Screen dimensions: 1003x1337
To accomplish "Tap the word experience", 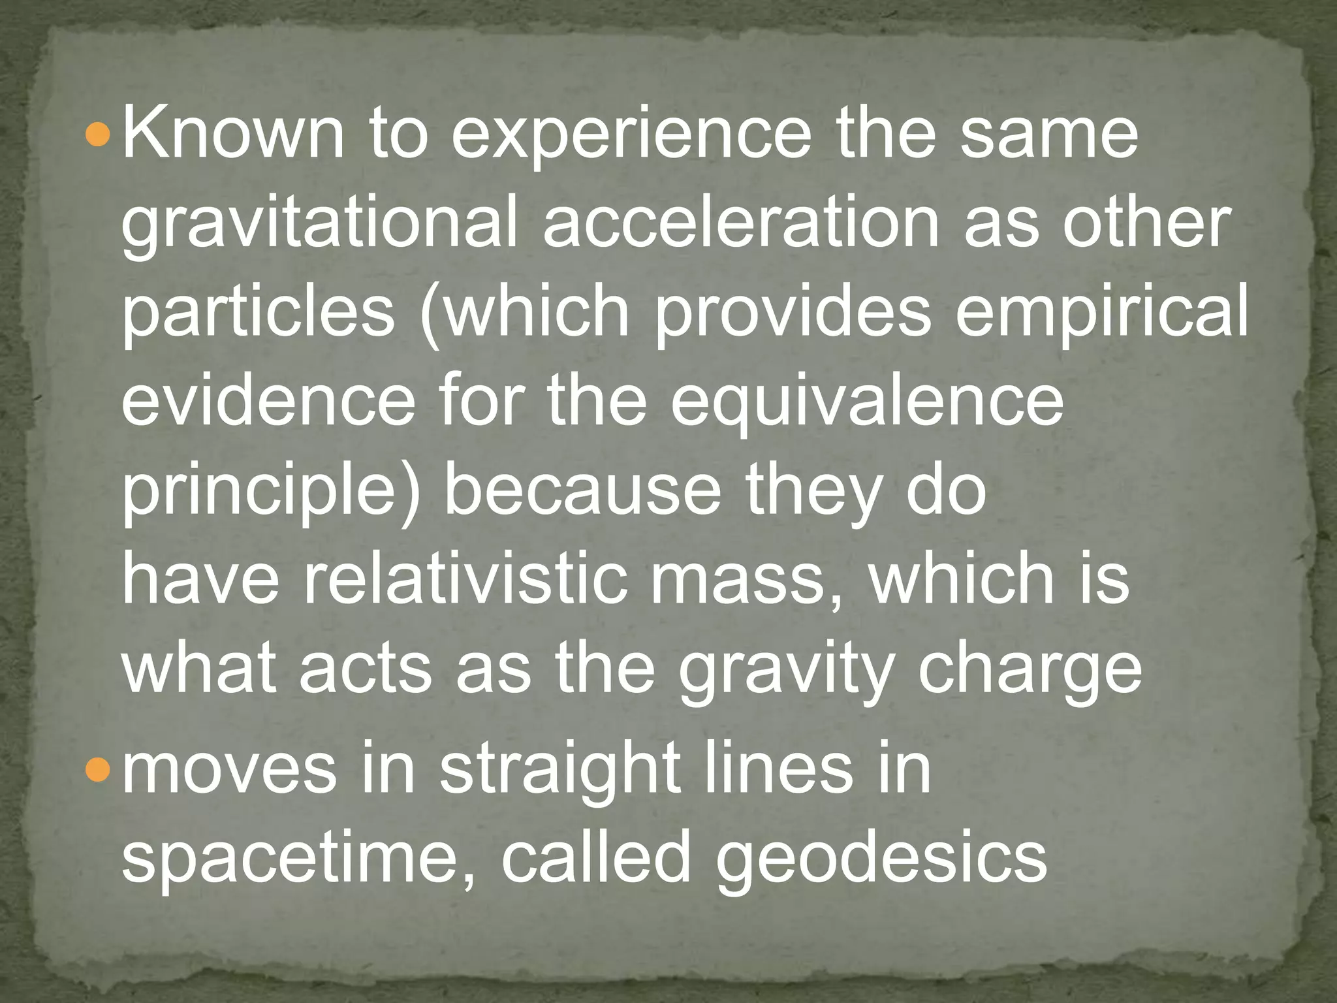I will point(631,136).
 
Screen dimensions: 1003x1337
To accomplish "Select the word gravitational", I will point(319,225).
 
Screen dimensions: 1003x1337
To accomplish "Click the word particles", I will point(259,313).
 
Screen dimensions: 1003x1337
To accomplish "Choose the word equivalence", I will point(868,402).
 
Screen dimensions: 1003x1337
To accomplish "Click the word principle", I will point(264,492).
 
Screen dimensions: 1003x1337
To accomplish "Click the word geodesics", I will point(881,858).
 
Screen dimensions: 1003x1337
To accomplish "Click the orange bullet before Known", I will point(100,135).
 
